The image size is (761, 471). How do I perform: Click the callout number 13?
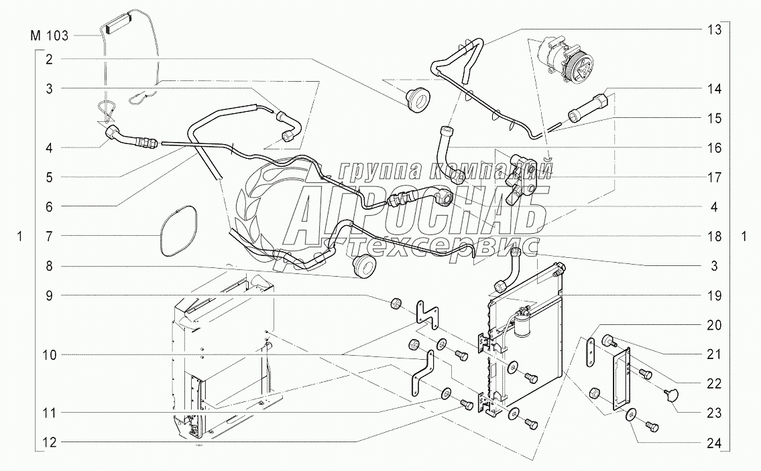point(715,29)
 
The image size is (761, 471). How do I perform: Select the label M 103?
point(49,36)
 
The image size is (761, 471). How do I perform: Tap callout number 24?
point(715,443)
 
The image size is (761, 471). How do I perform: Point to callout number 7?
point(49,236)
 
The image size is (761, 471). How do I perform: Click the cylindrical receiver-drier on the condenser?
point(524,324)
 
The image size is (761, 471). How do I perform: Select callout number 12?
point(49,442)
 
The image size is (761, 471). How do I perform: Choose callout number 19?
point(715,295)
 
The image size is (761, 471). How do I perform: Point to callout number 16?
point(715,148)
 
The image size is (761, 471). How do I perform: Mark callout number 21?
point(715,354)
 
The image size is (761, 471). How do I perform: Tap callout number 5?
point(49,177)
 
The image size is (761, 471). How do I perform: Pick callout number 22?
point(715,384)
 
